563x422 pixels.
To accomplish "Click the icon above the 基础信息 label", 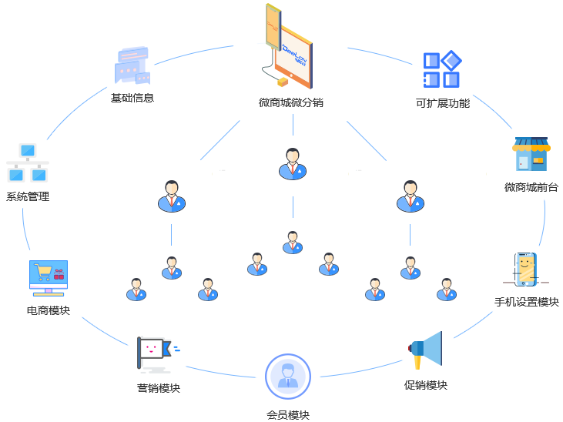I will tap(132, 65).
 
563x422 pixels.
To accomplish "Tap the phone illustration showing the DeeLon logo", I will tap(287, 45).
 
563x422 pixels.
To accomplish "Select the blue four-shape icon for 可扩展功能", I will tap(442, 69).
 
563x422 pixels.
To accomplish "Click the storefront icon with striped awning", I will tap(531, 155).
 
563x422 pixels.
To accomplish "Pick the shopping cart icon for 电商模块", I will tap(48, 278).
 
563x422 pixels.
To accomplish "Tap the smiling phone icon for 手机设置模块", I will tap(525, 270).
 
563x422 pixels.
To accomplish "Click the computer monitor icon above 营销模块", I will tap(158, 354).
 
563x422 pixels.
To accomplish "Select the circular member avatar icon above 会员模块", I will tap(287, 377).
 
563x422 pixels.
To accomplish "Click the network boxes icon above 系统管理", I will tap(28, 162).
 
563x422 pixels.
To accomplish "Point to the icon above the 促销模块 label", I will tap(424, 350).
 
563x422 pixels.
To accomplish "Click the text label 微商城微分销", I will tap(290, 102).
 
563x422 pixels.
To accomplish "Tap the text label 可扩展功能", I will tap(442, 102).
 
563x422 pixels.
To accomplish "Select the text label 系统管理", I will tap(28, 196).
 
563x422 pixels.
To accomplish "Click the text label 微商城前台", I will tap(531, 187).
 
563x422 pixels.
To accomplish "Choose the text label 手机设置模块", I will tap(526, 301).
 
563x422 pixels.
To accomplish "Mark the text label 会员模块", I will tap(288, 415).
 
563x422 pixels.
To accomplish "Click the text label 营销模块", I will tap(158, 388).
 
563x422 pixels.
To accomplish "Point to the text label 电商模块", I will tap(48, 310).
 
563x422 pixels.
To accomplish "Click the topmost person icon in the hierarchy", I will tap(293, 164).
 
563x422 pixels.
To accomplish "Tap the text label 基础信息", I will tap(132, 98).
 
